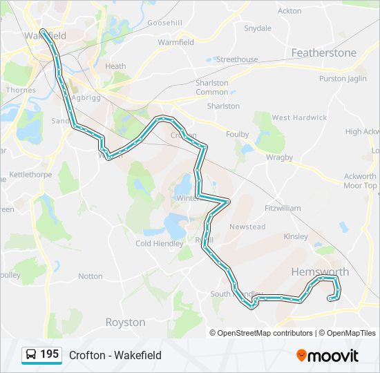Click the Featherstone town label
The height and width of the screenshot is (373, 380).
[x=324, y=52]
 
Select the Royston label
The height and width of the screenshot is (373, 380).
[x=125, y=322]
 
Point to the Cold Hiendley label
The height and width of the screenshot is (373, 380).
[x=160, y=243]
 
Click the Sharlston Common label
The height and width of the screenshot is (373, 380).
[x=212, y=87]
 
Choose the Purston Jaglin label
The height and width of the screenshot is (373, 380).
[x=343, y=79]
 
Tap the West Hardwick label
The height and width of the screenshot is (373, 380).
[x=299, y=117]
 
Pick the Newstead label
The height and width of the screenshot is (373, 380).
[x=247, y=227]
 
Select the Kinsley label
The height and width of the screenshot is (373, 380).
[x=296, y=236]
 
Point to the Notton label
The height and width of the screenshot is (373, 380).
[x=91, y=276]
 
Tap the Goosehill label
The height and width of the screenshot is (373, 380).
[x=164, y=23]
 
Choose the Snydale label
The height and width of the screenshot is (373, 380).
[x=258, y=28]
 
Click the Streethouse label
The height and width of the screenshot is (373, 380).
[x=237, y=59]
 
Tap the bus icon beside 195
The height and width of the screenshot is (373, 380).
[x=30, y=355]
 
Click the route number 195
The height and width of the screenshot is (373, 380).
[x=49, y=354]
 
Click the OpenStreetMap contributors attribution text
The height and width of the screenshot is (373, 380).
[x=265, y=332]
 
